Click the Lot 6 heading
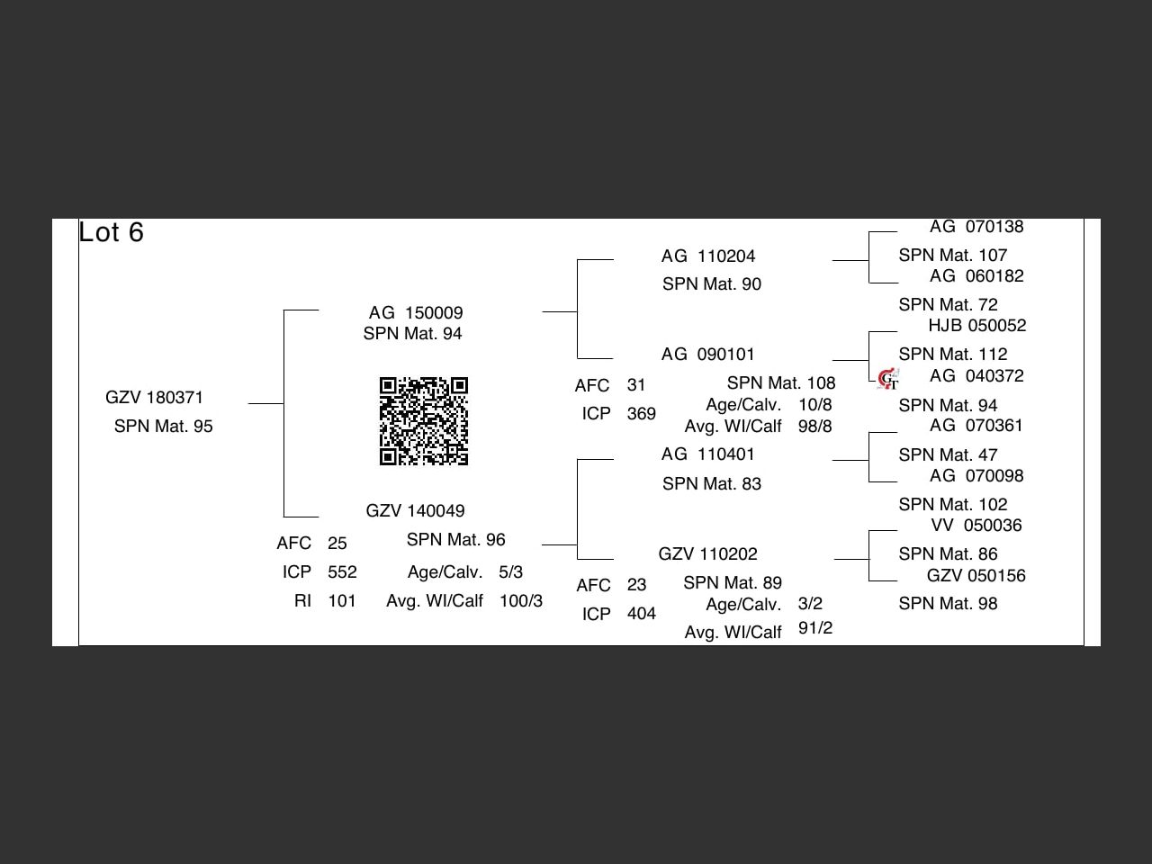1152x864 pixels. [112, 232]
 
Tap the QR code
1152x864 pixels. [424, 421]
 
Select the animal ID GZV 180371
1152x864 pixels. [154, 398]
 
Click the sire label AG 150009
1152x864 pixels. [416, 313]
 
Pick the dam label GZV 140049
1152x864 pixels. [415, 511]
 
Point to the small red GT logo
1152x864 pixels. [888, 379]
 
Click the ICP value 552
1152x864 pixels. [342, 572]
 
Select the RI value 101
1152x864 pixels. [342, 601]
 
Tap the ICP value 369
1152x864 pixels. [641, 414]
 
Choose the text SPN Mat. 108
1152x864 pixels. [780, 383]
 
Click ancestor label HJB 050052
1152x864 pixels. [976, 326]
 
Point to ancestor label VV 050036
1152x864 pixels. [976, 526]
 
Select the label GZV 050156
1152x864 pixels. [976, 576]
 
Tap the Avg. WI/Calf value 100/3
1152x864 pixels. [520, 601]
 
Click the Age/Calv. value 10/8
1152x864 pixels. [814, 405]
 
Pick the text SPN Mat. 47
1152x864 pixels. [948, 455]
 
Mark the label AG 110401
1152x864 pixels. [707, 454]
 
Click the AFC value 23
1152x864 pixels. [636, 585]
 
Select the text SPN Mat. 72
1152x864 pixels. [948, 305]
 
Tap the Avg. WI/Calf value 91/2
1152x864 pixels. [814, 628]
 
